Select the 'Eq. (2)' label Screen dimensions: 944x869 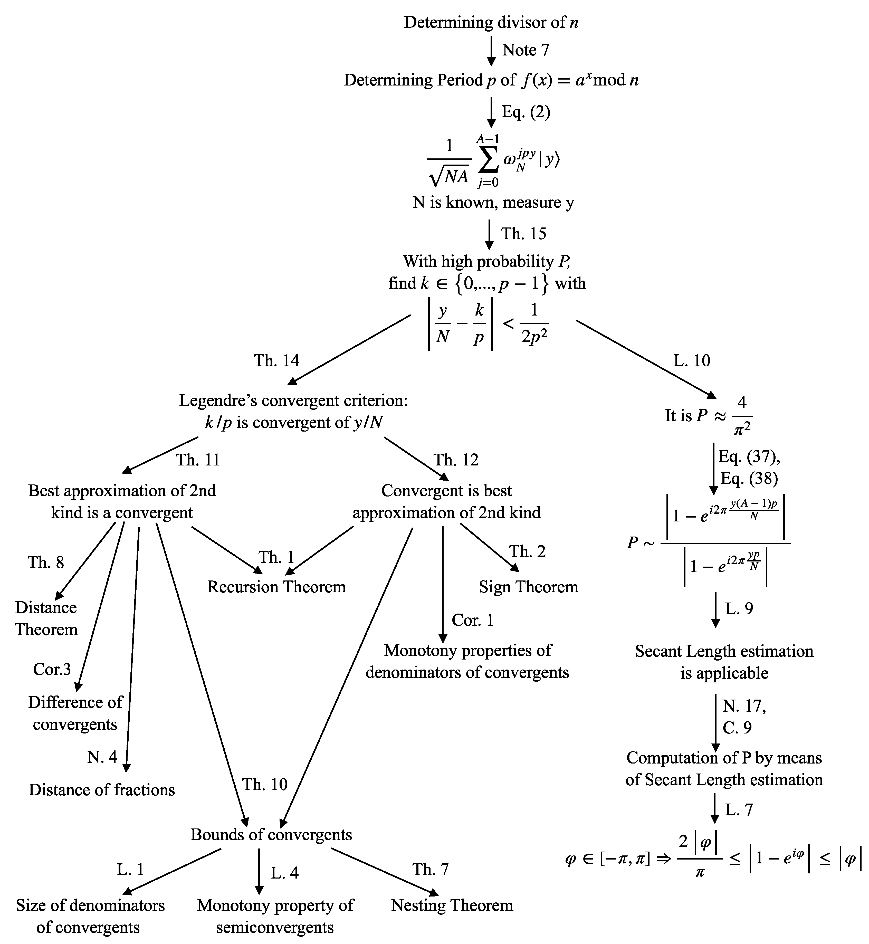tap(525, 112)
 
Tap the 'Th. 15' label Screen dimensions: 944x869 tap(523, 234)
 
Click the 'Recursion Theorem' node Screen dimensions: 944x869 tap(276, 587)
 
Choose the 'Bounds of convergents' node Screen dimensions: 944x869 tap(271, 835)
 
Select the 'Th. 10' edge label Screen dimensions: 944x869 tap(265, 785)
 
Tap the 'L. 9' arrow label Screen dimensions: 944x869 tap(739, 609)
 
